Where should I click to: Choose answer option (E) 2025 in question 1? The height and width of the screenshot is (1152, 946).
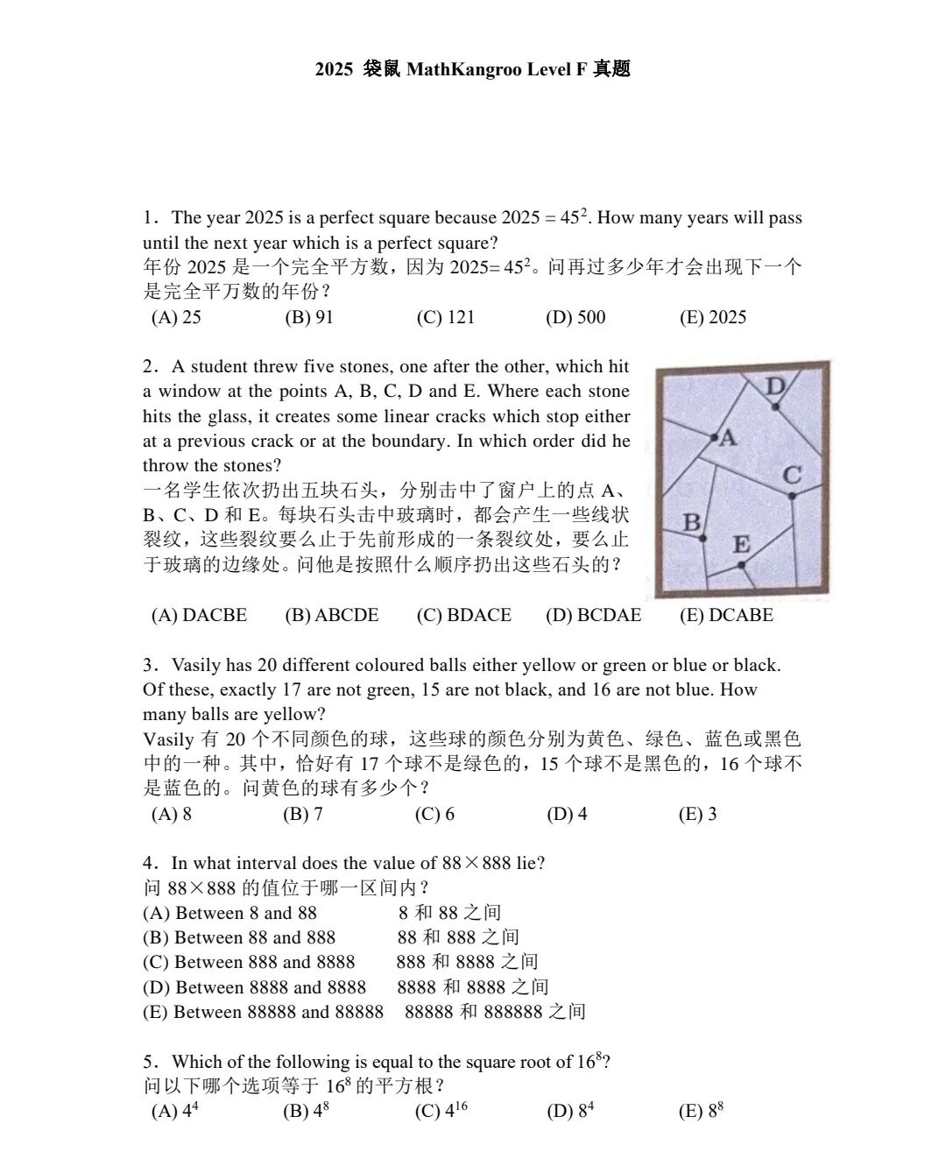point(713,317)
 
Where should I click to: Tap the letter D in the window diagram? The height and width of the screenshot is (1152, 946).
point(776,386)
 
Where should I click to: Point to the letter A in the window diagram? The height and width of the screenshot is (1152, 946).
point(728,438)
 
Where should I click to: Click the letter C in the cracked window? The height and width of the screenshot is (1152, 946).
point(792,476)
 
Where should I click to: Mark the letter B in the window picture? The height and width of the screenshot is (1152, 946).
point(692,523)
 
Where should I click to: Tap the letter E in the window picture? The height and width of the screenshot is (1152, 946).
point(741,545)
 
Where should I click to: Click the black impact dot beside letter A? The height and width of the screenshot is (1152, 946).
point(715,436)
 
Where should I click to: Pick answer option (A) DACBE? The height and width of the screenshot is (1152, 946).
point(200,615)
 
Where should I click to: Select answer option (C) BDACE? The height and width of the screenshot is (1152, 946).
point(464,615)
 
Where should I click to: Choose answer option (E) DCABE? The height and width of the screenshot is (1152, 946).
point(726,615)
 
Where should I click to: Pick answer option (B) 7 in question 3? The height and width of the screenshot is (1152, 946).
point(303,814)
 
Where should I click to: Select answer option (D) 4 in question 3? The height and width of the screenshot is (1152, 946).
point(567,814)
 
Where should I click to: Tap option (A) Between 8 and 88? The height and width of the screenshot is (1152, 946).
point(229,913)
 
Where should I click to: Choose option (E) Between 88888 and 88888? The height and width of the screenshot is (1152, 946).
point(263,1012)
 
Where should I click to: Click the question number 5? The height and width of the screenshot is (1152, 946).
point(149,1062)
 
